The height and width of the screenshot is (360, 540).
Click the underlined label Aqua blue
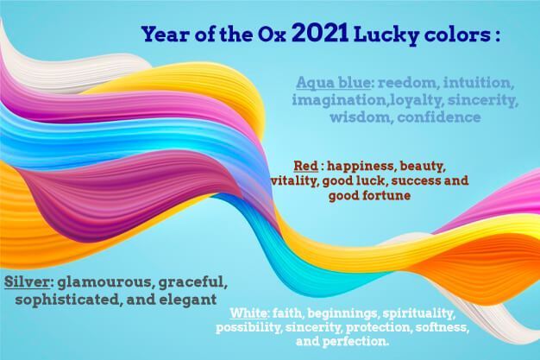click(333, 83)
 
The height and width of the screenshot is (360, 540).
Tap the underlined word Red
click(306, 166)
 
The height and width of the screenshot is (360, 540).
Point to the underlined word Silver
click(28, 281)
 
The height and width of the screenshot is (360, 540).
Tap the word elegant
click(188, 300)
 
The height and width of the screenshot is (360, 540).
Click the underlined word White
click(248, 313)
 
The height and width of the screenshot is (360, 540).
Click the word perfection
click(355, 342)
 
